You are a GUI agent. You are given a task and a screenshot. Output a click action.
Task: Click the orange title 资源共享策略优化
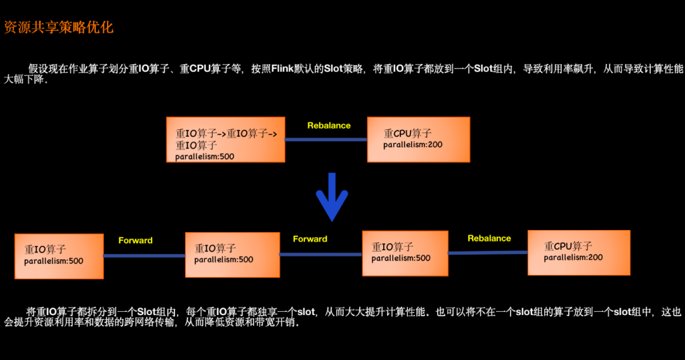59,27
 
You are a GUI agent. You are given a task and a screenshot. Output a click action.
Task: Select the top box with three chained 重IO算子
225,139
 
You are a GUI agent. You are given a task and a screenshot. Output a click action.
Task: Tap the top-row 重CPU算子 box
418,139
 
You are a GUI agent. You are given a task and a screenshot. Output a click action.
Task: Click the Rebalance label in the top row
329,125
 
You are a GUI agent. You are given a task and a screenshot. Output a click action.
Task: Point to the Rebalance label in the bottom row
489,238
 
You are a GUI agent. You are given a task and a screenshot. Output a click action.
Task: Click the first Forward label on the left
135,240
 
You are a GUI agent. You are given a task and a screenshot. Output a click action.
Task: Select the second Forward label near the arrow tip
310,239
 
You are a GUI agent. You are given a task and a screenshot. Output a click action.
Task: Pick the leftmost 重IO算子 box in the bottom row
59,255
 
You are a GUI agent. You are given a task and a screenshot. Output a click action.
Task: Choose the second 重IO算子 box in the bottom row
232,254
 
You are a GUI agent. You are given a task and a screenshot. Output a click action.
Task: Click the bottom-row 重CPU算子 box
578,252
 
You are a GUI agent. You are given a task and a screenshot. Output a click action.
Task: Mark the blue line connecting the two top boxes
326,139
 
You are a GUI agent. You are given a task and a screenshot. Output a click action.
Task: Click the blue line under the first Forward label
144,255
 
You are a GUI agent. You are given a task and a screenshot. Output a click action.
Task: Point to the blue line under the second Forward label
320,254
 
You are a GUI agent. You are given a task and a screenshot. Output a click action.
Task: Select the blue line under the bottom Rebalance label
488,252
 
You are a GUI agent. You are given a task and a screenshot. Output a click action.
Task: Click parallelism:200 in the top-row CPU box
413,145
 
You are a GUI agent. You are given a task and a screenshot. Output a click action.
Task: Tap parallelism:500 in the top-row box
205,157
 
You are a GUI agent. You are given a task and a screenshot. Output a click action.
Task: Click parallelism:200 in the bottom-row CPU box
573,257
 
